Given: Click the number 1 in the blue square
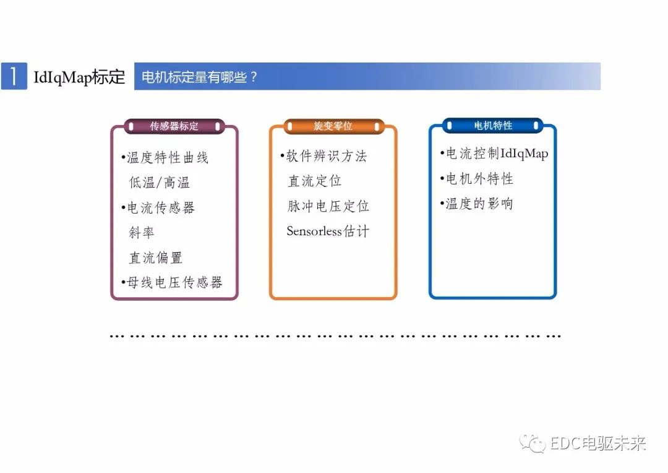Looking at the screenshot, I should click(x=14, y=76).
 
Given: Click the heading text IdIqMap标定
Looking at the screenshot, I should click(x=79, y=77).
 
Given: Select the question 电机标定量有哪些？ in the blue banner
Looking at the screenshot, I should click(x=199, y=77).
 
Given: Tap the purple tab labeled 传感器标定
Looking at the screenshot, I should click(x=174, y=126).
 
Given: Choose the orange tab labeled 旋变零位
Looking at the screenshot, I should click(x=333, y=126).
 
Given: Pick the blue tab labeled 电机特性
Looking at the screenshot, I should click(x=493, y=125).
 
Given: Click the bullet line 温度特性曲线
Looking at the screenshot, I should click(x=166, y=157).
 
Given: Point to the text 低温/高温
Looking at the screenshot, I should click(x=159, y=183).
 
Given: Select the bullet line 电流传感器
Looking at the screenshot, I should click(x=159, y=207).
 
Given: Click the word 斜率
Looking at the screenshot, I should click(x=141, y=233).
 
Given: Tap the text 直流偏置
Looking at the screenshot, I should click(x=155, y=258).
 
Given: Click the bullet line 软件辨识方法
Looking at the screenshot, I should click(x=324, y=156).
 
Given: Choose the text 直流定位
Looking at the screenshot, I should click(x=314, y=181).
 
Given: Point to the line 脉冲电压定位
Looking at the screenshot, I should click(x=328, y=206).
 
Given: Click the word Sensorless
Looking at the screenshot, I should click(x=314, y=232).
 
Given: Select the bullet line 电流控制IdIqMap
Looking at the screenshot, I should click(x=495, y=154).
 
